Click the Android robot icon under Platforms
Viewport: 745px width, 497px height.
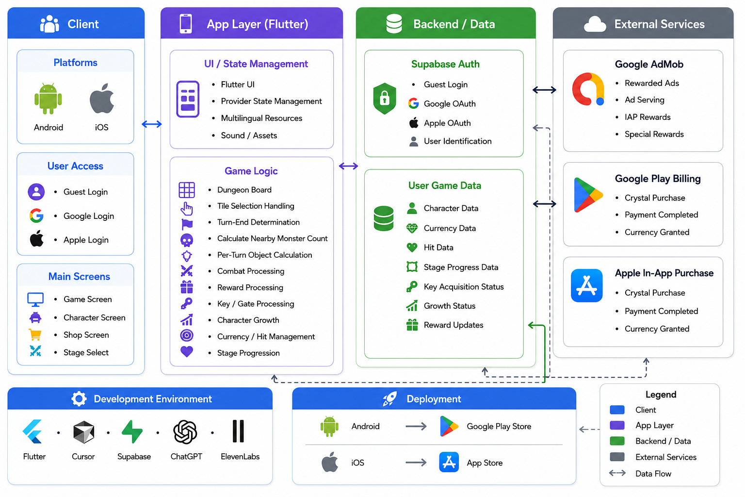point(48,99)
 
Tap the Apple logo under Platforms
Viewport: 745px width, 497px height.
point(102,99)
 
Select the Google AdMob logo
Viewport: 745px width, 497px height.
point(588,89)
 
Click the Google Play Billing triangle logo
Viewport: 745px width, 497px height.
point(588,195)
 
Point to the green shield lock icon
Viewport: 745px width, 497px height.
point(385,99)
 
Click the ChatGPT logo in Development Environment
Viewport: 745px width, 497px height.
point(185,432)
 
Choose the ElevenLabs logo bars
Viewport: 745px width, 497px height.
point(238,431)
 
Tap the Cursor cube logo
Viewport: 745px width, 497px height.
point(83,432)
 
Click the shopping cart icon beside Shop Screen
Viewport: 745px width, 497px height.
point(35,334)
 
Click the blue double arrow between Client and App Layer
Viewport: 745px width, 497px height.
point(152,124)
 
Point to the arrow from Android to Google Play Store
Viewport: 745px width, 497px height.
point(416,427)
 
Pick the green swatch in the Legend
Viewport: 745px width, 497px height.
point(617,441)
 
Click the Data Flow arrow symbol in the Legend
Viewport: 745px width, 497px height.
point(617,473)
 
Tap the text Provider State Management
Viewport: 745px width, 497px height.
point(272,101)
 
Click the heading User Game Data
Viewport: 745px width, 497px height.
point(445,185)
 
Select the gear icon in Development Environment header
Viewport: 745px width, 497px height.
point(79,398)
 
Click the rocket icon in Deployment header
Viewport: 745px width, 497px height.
point(390,398)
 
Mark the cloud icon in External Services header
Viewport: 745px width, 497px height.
point(595,24)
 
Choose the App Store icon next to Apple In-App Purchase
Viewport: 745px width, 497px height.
point(587,285)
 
